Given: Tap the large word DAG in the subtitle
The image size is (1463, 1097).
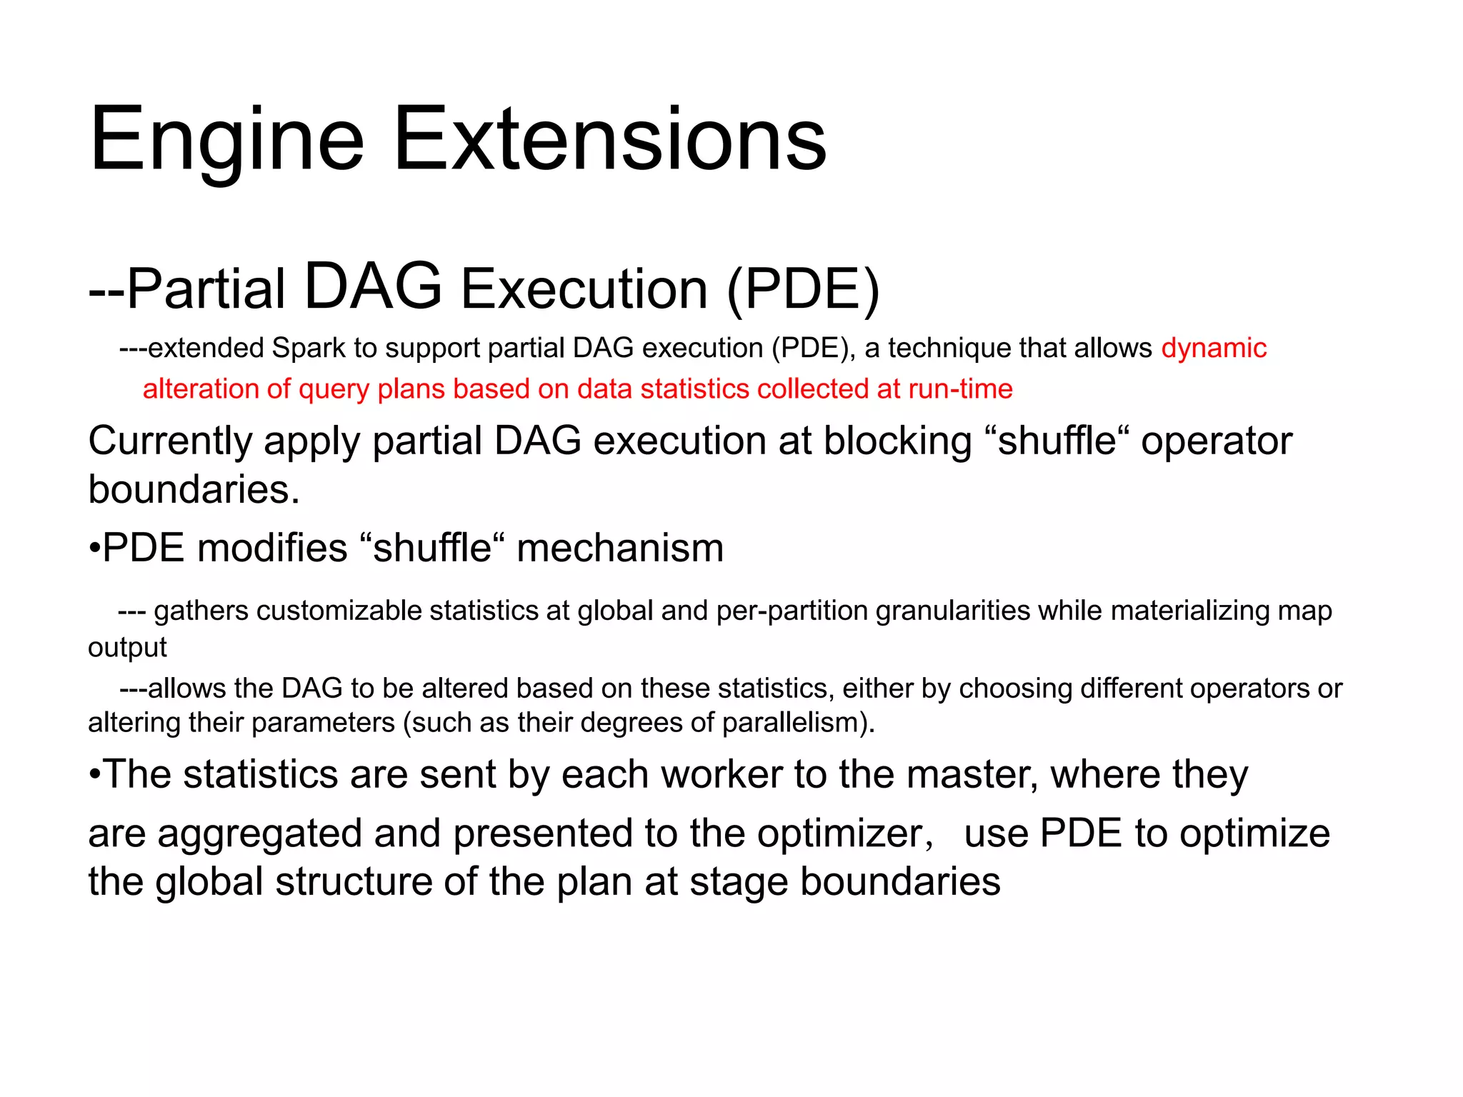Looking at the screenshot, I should [x=373, y=286].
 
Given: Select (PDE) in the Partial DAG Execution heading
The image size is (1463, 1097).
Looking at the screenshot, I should [x=803, y=289].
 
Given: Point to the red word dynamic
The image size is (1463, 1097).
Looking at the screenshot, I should [x=1214, y=348].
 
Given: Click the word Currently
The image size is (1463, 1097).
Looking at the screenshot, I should [x=170, y=441].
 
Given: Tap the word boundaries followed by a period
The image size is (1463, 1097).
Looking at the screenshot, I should [x=193, y=489].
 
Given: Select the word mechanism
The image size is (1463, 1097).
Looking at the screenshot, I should [x=619, y=548].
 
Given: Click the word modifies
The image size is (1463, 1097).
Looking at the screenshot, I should [x=271, y=548].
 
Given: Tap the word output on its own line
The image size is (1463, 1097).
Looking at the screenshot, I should [x=127, y=647].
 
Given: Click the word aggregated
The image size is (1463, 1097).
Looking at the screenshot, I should [x=259, y=834].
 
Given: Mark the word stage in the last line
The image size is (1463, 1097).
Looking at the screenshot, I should [x=739, y=882].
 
